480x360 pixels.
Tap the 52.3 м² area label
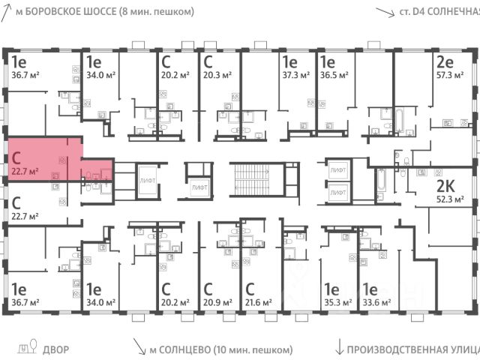(451, 199)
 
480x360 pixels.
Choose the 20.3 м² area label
(216, 76)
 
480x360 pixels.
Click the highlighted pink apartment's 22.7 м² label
(25, 171)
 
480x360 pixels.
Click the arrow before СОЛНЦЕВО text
(139, 347)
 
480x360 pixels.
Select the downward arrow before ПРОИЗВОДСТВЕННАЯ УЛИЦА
(340, 347)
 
